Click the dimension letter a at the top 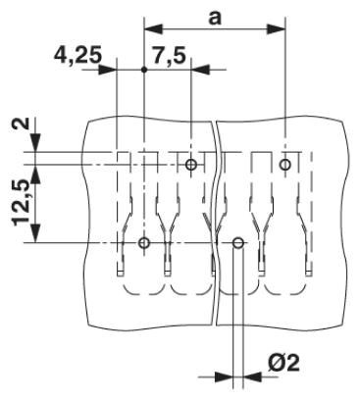[x=214, y=17]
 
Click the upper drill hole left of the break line [x=191, y=164]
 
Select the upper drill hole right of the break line [x=284, y=164]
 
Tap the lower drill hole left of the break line [x=144, y=242]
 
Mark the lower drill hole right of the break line [x=237, y=242]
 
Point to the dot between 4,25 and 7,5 [x=144, y=69]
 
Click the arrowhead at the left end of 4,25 [x=111, y=69]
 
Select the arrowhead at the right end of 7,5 [x=197, y=69]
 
